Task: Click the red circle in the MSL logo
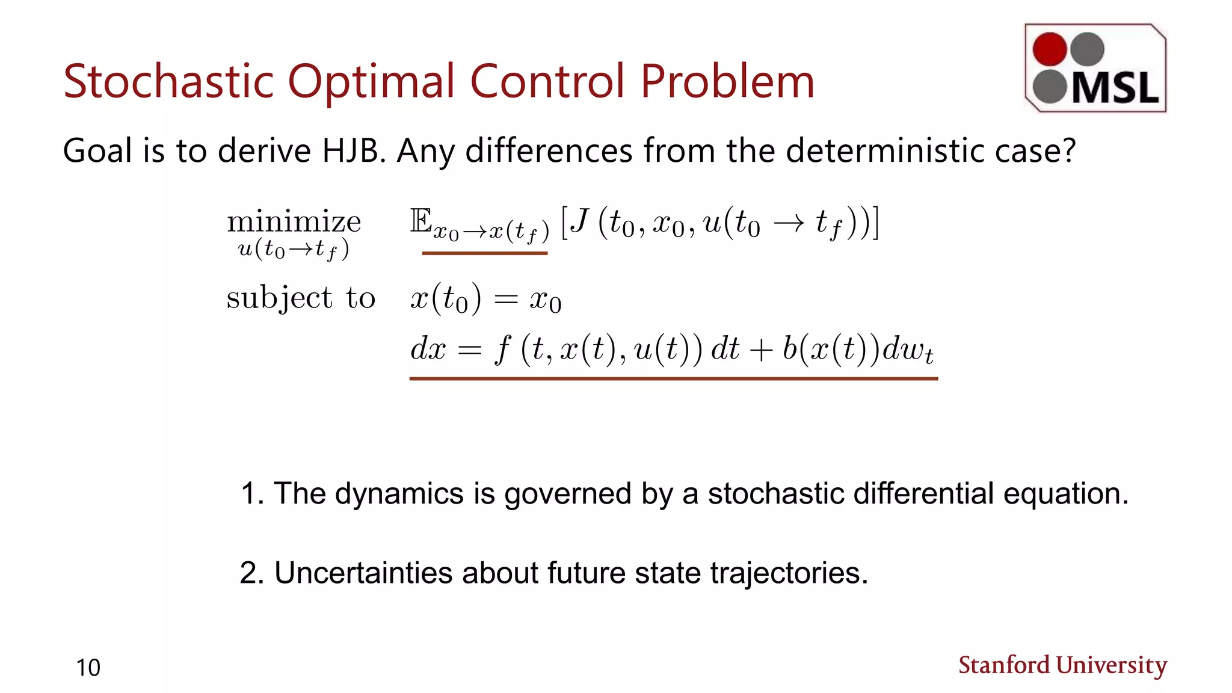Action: tap(1050, 49)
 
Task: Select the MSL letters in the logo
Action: tap(1115, 88)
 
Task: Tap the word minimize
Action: tap(294, 223)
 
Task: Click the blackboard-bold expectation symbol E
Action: tap(421, 221)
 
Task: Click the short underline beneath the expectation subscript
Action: tap(485, 253)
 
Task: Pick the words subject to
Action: tap(301, 298)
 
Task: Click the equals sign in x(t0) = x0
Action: tap(505, 300)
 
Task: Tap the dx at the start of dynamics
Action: tap(428, 349)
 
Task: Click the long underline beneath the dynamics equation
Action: tap(674, 378)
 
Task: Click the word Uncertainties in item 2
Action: tap(363, 573)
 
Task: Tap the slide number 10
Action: tap(88, 668)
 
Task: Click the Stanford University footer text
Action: tap(1062, 665)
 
